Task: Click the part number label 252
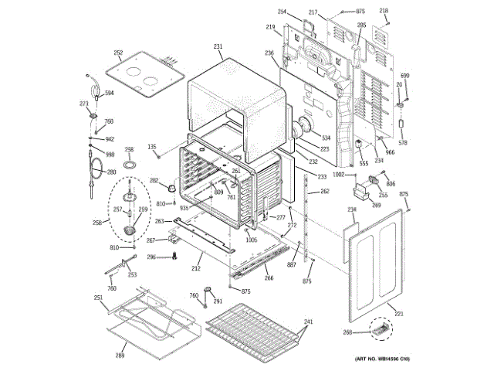click(x=118, y=53)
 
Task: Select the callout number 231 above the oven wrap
click(x=218, y=46)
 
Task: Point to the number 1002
click(x=338, y=175)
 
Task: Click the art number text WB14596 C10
click(x=382, y=359)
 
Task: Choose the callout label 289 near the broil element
click(x=120, y=355)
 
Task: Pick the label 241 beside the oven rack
click(x=308, y=322)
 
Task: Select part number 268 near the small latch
click(x=347, y=332)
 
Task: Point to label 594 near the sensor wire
click(x=110, y=93)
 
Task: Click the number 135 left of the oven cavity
click(x=152, y=147)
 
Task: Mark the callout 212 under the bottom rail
click(x=197, y=269)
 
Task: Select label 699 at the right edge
click(x=404, y=76)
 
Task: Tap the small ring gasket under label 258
click(x=130, y=165)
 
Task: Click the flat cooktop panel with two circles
click(x=144, y=74)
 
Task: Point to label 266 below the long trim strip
click(x=269, y=278)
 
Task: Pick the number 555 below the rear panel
click(x=364, y=163)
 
